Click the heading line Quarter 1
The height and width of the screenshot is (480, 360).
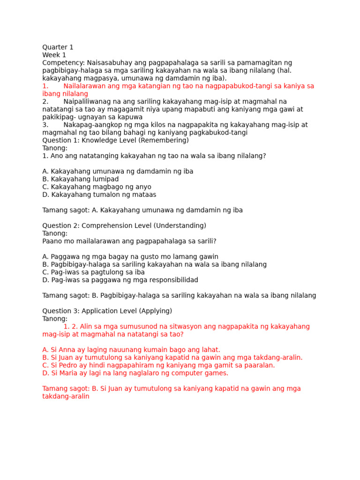(x=58, y=47)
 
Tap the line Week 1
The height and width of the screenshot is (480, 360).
(x=54, y=55)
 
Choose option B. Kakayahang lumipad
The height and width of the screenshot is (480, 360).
(x=81, y=179)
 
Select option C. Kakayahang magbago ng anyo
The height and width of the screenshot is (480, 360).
(x=97, y=187)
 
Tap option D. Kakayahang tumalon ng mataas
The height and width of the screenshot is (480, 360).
(x=99, y=195)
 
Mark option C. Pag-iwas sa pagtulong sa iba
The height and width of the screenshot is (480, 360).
(x=93, y=272)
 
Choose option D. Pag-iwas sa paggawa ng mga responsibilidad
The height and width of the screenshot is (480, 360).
(x=120, y=280)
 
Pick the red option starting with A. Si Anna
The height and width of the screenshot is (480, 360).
(x=131, y=350)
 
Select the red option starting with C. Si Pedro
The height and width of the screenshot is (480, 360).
(x=158, y=365)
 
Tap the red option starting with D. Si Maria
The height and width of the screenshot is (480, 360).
(x=135, y=373)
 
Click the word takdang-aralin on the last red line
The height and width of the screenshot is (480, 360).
(x=66, y=396)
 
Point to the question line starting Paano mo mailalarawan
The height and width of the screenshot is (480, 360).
(x=129, y=241)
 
